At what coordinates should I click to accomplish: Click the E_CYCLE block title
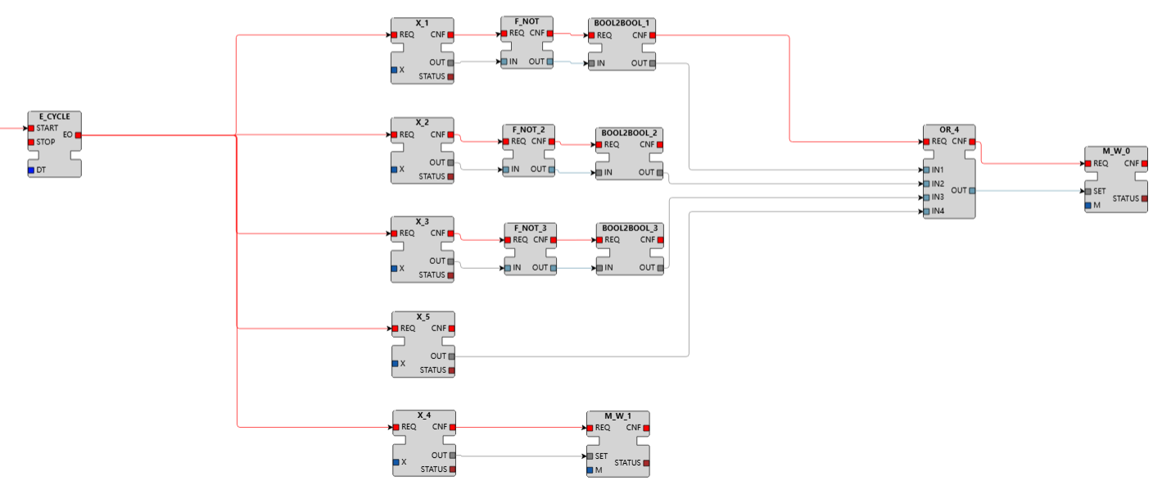(54, 116)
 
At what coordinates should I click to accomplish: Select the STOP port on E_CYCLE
(31, 142)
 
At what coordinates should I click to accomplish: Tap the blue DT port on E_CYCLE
(31, 170)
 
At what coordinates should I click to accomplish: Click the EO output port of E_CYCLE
(78, 134)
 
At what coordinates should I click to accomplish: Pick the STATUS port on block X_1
(450, 77)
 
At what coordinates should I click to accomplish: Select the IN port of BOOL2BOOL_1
(591, 63)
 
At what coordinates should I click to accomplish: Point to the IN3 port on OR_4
(926, 198)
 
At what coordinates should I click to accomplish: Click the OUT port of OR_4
(972, 190)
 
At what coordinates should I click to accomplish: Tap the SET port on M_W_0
(1087, 192)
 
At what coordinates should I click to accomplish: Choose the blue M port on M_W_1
(590, 470)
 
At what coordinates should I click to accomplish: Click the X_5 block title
(423, 316)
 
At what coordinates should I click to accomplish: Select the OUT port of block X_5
(451, 356)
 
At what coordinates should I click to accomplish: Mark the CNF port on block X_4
(452, 427)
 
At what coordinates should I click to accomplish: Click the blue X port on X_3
(395, 268)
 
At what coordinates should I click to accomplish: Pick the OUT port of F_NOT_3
(554, 268)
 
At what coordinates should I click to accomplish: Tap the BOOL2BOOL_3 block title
(629, 227)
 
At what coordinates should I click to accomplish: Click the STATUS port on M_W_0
(1144, 198)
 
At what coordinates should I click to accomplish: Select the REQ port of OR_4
(926, 142)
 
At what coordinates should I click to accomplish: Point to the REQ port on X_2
(395, 134)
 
